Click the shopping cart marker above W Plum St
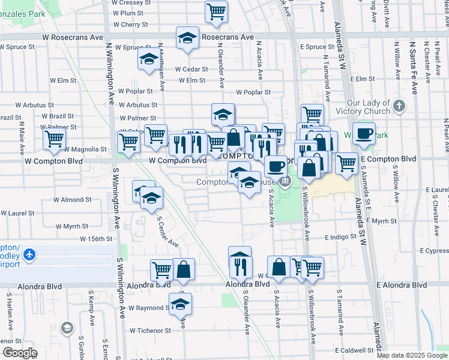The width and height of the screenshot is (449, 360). coord(216,10)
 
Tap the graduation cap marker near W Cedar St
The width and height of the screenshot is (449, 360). coord(148,59)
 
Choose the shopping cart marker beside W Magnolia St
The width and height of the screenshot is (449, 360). coord(54,139)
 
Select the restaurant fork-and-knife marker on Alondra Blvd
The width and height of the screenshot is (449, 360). coord(240,262)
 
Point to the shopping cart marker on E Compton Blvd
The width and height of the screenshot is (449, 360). coord(346,163)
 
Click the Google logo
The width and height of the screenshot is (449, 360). coord(20,353)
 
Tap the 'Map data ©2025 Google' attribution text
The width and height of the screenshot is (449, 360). coord(412,355)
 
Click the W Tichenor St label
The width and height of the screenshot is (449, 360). coord(151,331)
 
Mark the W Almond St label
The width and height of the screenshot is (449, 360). coord(72,199)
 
